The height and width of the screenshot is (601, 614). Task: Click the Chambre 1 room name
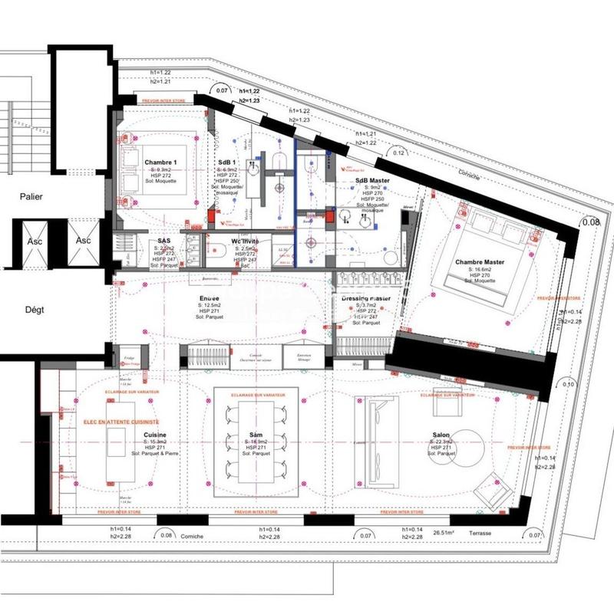coord(160,162)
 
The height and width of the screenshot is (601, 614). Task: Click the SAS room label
coord(163,241)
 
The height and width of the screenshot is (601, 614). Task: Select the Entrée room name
coord(209,298)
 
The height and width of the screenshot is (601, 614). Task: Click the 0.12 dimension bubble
coord(398,153)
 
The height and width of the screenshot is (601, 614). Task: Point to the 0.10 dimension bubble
coord(568,384)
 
